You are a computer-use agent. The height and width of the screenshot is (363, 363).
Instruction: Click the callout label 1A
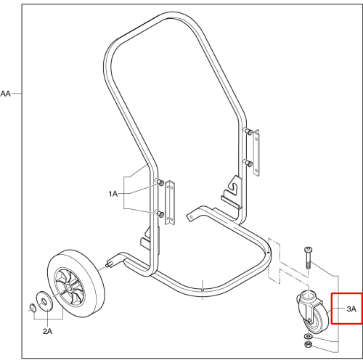pyautogui.click(x=113, y=194)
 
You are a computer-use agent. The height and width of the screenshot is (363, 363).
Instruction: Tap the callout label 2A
pyautogui.click(x=47, y=331)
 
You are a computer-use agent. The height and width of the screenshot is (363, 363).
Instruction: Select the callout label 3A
pyautogui.click(x=351, y=309)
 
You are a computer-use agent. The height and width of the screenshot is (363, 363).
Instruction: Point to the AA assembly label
pyautogui.click(x=6, y=94)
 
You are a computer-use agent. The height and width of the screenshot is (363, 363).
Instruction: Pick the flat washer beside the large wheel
pyautogui.click(x=44, y=301)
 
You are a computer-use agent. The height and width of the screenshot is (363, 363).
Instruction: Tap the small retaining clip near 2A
pyautogui.click(x=32, y=307)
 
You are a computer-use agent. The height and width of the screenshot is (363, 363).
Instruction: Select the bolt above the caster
pyautogui.click(x=308, y=258)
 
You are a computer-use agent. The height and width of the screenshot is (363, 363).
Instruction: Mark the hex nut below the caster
pyautogui.click(x=309, y=344)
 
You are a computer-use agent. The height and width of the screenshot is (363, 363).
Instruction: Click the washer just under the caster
pyautogui.click(x=308, y=336)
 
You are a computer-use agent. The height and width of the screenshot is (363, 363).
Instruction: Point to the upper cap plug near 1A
pyautogui.click(x=160, y=183)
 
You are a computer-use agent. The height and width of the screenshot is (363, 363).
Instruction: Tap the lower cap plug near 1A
pyautogui.click(x=160, y=213)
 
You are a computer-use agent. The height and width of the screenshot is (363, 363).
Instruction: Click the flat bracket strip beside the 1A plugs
pyautogui.click(x=170, y=203)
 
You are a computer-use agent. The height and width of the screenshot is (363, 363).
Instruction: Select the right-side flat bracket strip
pyautogui.click(x=256, y=152)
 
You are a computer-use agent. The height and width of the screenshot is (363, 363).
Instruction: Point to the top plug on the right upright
pyautogui.click(x=248, y=131)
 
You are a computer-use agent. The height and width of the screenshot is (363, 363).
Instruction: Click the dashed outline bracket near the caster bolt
pyautogui.click(x=274, y=261)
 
